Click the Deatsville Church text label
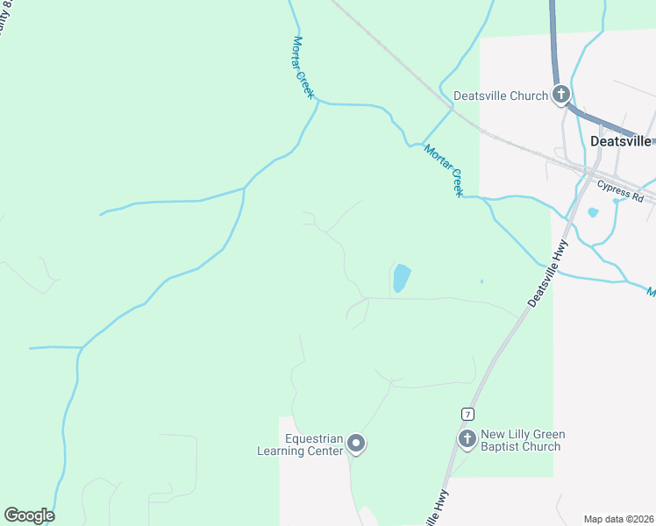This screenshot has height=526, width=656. tap(500, 96)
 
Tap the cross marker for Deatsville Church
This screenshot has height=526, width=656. tap(561, 95)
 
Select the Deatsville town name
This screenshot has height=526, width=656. tap(621, 140)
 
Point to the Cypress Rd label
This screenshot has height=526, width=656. tap(620, 192)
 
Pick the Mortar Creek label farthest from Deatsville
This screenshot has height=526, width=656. tap(303, 67)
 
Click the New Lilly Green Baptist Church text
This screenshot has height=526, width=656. tap(522, 440)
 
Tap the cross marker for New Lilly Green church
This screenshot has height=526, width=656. tap(467, 438)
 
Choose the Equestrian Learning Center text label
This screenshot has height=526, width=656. tap(298, 444)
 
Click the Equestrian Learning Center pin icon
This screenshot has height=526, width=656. tap(355, 444)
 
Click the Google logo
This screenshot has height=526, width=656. tap(29, 515)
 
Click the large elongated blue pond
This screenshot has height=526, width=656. tap(402, 278)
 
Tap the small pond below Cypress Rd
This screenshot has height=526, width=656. tap(594, 212)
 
